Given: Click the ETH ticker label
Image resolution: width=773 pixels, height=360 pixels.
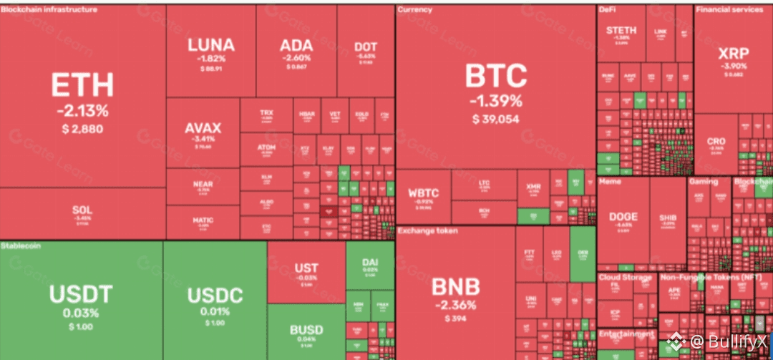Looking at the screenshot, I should click(x=82, y=85).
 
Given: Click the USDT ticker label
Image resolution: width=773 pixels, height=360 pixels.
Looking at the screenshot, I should click(x=81, y=293).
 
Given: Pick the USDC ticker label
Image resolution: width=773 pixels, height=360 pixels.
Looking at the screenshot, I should click(x=215, y=295).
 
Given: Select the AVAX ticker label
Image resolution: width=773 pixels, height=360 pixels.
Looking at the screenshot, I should click(x=203, y=129).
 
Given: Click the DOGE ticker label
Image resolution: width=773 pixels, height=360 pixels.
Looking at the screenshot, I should click(x=623, y=216).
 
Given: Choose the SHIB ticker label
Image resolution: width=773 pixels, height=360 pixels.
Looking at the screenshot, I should click(x=668, y=216).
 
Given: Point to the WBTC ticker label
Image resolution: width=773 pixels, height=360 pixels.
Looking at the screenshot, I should click(x=423, y=193).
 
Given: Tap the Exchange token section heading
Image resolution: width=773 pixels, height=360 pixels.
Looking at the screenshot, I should click(x=428, y=231).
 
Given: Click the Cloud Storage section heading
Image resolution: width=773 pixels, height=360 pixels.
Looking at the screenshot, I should click(x=625, y=278).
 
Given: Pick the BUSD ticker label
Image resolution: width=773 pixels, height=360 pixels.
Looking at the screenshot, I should click(x=306, y=330).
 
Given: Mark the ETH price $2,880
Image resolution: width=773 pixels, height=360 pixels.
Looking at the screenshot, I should click(x=82, y=129).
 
